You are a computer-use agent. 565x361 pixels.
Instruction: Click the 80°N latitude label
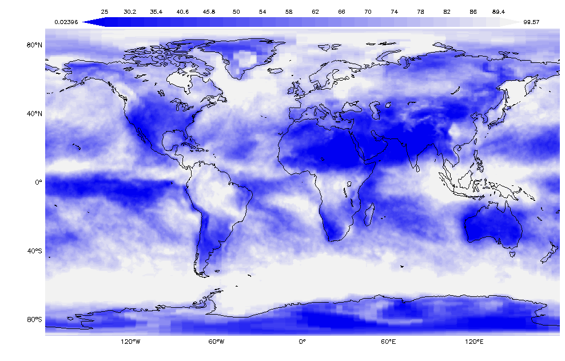click(x=35, y=45)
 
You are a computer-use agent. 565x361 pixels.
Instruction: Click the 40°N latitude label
click(x=35, y=114)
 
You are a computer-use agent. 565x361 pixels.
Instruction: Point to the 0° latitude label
click(x=39, y=183)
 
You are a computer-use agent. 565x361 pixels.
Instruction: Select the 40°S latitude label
click(x=35, y=251)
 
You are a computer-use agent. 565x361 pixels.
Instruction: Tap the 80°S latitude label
click(x=35, y=320)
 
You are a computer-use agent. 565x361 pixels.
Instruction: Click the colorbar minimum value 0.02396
click(x=66, y=22)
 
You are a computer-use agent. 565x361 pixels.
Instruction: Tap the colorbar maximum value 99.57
click(x=531, y=22)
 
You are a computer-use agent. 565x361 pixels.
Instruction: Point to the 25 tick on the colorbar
click(x=105, y=11)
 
